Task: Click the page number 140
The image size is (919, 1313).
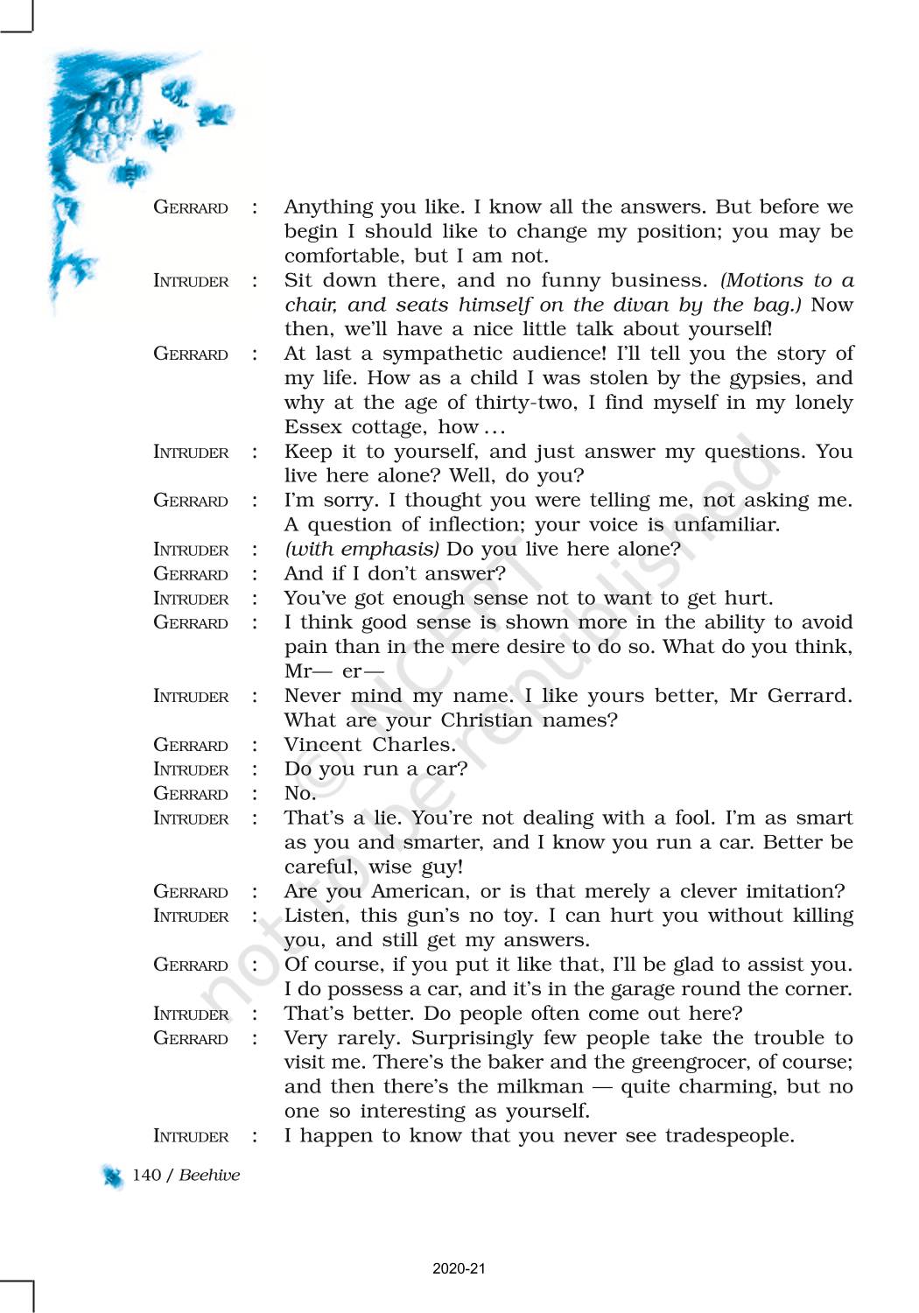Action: click(x=146, y=1175)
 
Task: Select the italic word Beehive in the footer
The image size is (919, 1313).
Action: click(x=209, y=1175)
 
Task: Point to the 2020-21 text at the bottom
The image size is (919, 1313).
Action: click(x=459, y=1268)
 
